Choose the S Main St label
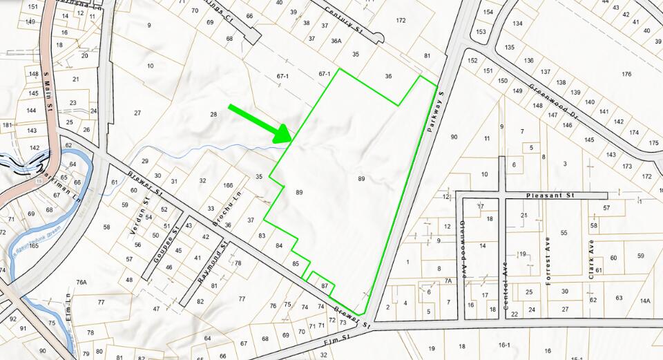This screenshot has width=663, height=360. (x=49, y=91)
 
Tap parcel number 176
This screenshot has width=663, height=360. (x=626, y=74)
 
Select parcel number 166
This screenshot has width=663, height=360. (x=228, y=185)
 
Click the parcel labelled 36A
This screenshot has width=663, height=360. (x=336, y=41)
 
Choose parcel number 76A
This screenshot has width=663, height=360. (x=81, y=282)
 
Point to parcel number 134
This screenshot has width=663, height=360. (x=517, y=23)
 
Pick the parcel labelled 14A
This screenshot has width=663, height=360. (x=645, y=301)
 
